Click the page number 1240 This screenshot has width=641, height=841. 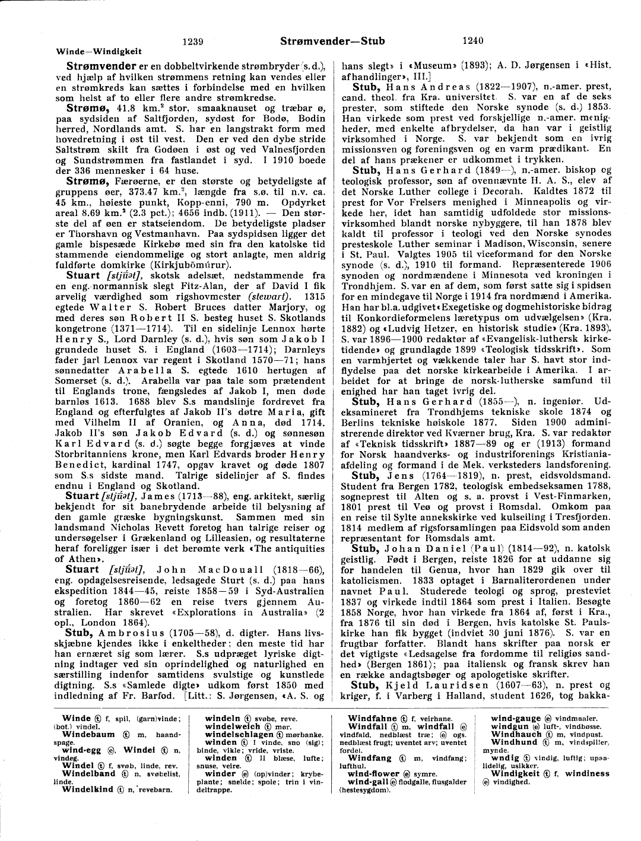click(472, 41)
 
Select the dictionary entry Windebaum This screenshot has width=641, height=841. click(88, 734)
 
